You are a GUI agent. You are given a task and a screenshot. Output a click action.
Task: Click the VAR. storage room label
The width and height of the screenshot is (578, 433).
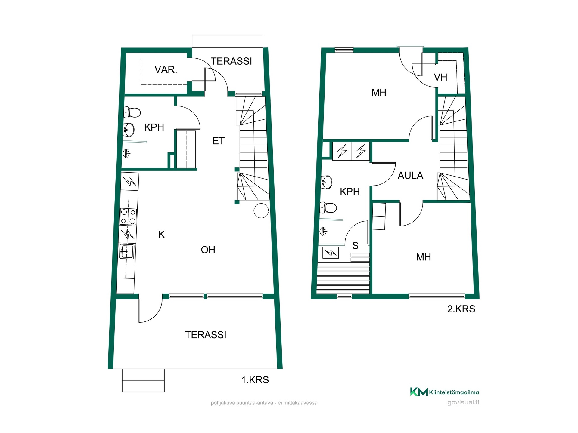[x=166, y=70]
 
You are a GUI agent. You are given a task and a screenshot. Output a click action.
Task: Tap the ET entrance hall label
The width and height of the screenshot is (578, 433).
[x=219, y=141]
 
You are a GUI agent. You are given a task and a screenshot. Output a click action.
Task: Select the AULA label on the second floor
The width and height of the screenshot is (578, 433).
[x=410, y=175]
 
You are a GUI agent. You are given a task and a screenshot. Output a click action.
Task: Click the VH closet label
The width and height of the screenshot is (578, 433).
[x=440, y=77]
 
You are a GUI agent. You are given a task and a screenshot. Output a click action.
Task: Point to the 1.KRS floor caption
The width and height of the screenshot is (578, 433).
[x=255, y=380]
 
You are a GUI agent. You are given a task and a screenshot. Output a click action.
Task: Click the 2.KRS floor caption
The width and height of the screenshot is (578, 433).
[x=461, y=309]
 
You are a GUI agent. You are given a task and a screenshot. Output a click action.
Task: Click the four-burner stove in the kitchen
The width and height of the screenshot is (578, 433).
[x=128, y=216]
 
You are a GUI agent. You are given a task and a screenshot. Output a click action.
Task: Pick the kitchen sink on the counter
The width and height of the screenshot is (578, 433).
[x=127, y=251]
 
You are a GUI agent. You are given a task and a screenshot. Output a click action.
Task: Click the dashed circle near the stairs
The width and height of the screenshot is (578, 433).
[x=261, y=210]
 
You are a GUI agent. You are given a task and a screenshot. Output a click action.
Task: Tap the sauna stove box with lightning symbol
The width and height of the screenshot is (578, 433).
[x=331, y=253]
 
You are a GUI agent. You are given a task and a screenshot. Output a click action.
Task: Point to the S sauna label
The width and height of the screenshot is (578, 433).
[x=355, y=246]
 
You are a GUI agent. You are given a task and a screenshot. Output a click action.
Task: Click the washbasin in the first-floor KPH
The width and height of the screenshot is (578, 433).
[x=129, y=130]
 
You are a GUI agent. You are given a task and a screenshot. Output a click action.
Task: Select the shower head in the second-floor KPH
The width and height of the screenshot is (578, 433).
[x=323, y=231]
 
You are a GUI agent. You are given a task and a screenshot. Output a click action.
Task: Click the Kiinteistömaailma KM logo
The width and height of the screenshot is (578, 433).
[x=444, y=392]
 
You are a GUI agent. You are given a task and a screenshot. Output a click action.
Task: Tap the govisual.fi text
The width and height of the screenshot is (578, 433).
[x=463, y=402]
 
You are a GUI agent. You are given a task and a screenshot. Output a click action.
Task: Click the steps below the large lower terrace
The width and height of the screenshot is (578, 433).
[x=143, y=380]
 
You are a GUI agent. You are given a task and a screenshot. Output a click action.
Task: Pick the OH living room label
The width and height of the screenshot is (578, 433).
[x=208, y=250]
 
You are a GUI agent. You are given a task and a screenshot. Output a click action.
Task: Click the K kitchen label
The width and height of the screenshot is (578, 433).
[x=161, y=235]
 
